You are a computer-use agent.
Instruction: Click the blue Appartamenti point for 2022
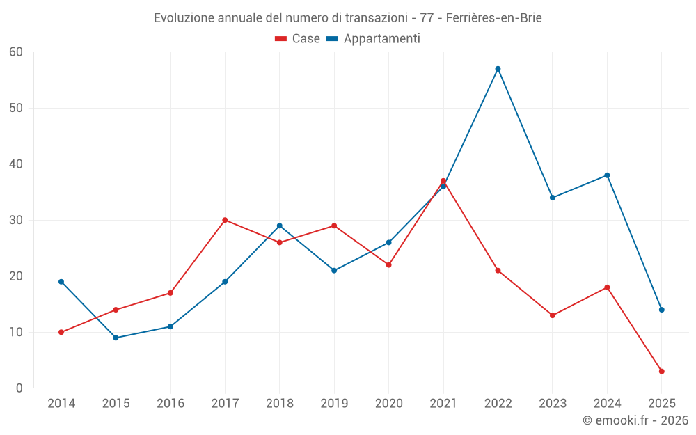(x=498, y=69)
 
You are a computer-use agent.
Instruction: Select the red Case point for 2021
(x=443, y=181)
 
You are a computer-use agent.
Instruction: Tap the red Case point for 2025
(x=661, y=371)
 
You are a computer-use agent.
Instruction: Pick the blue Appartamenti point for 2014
(x=61, y=282)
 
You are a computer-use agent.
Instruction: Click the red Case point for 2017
(x=225, y=220)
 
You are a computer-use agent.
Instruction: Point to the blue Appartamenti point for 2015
(x=116, y=338)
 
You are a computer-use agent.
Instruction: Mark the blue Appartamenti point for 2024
(x=607, y=175)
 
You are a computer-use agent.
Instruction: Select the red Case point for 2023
(x=553, y=315)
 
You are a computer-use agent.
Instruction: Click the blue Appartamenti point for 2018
(x=279, y=226)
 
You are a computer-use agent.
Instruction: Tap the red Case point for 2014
(x=61, y=332)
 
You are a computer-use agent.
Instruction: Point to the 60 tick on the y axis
(x=16, y=52)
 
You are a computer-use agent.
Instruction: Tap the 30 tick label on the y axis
(x=16, y=220)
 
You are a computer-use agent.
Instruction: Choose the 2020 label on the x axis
(x=388, y=404)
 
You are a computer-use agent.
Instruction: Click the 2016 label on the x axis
(x=171, y=404)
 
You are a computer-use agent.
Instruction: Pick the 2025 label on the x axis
(x=661, y=404)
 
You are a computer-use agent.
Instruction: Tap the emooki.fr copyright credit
(x=635, y=420)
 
